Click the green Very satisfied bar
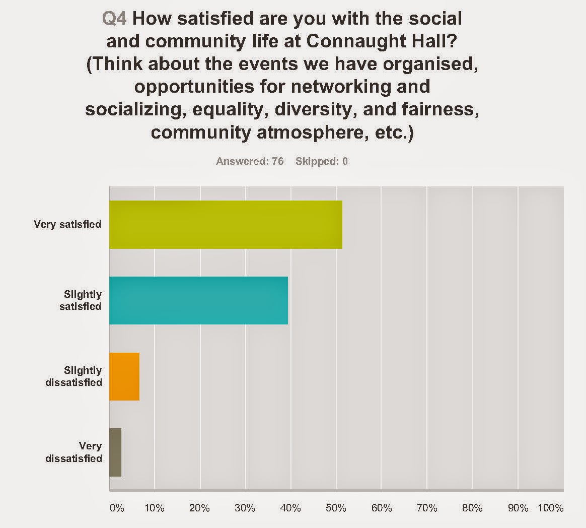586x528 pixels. click(x=226, y=225)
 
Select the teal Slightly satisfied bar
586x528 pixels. click(x=198, y=300)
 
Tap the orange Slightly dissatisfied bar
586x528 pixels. click(x=124, y=376)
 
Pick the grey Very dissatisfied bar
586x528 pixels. click(x=115, y=452)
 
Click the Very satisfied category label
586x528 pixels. click(x=67, y=224)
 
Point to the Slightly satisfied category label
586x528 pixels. click(x=81, y=300)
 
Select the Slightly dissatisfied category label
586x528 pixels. click(x=74, y=376)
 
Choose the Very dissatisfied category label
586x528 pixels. click(x=74, y=452)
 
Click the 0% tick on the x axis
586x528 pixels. click(x=117, y=508)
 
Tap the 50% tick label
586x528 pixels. click(x=336, y=508)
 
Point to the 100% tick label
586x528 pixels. click(x=551, y=508)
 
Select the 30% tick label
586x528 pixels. click(x=245, y=508)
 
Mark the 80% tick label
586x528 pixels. click(x=472, y=508)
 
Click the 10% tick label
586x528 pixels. click(x=155, y=508)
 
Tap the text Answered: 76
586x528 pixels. click(x=250, y=161)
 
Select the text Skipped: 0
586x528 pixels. click(x=322, y=161)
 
